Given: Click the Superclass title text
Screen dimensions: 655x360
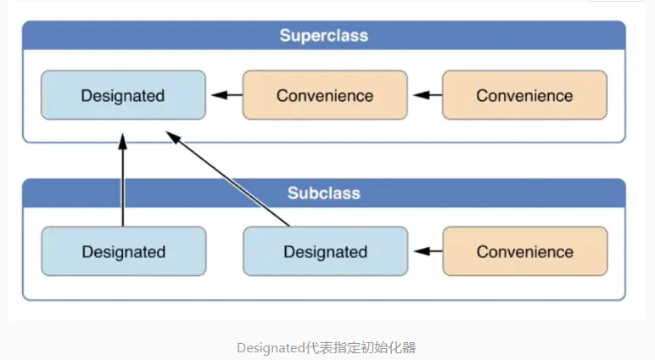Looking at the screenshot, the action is [324, 36].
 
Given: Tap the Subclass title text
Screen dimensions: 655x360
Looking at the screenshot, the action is [324, 194].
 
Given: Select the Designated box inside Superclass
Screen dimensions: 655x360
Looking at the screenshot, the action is [123, 95].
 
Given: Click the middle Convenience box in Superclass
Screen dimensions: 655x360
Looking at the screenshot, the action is [325, 95].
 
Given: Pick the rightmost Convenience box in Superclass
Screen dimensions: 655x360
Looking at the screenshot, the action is [524, 95].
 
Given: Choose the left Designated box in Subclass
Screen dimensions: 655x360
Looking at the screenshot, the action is [124, 251].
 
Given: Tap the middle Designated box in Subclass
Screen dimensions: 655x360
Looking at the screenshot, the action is [326, 251].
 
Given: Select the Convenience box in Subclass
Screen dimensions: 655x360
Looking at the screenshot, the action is [525, 251].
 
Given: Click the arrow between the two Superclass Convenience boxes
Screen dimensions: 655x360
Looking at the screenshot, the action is [428, 95].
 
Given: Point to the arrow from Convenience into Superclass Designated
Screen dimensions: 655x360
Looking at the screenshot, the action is [227, 95].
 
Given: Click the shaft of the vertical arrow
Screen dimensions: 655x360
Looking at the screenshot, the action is [123, 188].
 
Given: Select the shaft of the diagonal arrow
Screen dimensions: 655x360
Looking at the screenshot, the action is [235, 185].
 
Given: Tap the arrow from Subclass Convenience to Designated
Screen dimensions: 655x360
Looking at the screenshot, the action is [428, 251].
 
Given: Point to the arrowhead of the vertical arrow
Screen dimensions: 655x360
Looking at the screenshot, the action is [123, 142].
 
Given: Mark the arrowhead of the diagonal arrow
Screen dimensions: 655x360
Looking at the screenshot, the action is [173, 138].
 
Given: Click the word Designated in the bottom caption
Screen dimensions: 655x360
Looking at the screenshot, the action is [272, 348].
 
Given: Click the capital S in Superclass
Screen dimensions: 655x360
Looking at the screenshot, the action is [285, 36].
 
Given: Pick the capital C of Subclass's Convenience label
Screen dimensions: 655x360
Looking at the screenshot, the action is [482, 251].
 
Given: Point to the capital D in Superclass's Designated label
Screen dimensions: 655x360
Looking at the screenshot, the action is [86, 95].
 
